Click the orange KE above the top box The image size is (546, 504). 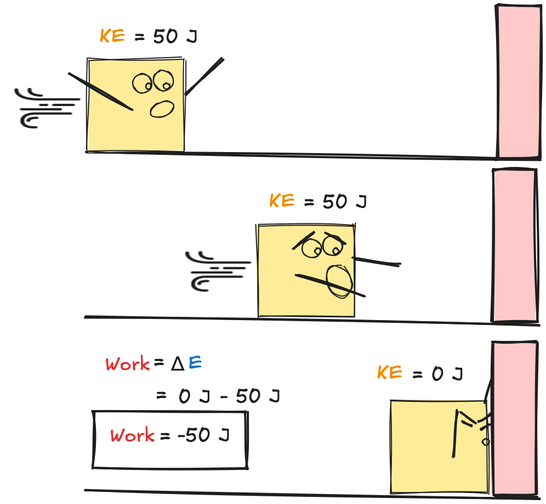tap(112, 36)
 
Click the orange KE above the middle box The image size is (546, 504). tap(282, 200)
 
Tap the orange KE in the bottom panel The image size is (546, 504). tap(390, 372)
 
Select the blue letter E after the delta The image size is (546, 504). tap(195, 363)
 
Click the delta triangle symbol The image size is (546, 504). tap(178, 364)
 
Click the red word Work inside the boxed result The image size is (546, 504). tap(132, 435)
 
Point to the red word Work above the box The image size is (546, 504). tap(128, 364)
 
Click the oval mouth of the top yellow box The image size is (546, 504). tap(162, 109)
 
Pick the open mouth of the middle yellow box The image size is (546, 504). tap(339, 282)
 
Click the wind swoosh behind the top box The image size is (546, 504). tap(47, 108)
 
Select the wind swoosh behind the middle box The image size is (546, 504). tap(218, 271)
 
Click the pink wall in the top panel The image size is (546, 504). tap(518, 82)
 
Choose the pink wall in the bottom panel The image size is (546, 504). tap(515, 418)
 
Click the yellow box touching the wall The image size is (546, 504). tap(439, 447)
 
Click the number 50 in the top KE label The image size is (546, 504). tap(165, 36)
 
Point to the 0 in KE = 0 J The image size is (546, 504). tap(437, 374)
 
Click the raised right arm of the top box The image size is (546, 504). tap(204, 76)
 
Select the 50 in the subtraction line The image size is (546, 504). tap(248, 396)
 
